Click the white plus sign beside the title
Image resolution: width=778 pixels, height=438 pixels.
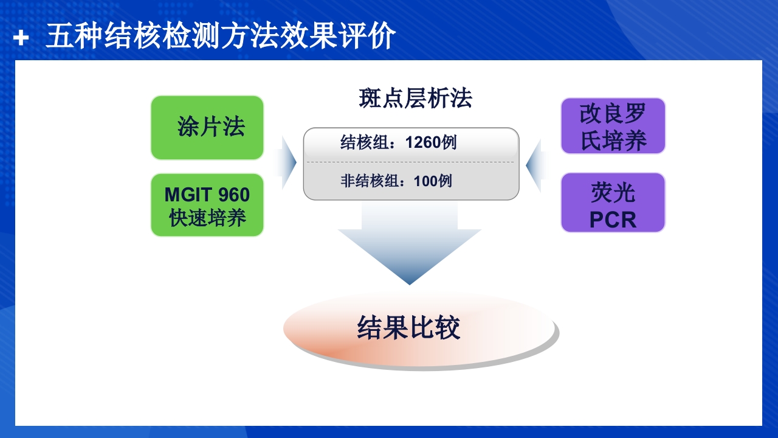(21, 38)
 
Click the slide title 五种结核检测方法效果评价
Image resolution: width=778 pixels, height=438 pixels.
(221, 37)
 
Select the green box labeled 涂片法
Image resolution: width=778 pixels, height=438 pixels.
(207, 127)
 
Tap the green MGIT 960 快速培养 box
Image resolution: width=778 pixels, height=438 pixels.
(207, 205)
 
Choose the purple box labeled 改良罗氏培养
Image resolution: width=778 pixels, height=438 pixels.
(613, 127)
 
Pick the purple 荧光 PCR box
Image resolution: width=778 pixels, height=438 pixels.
(613, 203)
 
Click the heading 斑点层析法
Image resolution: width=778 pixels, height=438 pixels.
(415, 99)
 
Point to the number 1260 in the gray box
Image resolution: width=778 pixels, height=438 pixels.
(423, 143)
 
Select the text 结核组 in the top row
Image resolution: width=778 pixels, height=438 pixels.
(359, 143)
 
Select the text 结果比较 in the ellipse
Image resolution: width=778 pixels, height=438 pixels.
(408, 328)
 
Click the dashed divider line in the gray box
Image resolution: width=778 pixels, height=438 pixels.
(411, 162)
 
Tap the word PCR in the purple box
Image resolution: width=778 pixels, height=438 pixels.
(613, 220)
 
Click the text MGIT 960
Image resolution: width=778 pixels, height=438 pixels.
(207, 195)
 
